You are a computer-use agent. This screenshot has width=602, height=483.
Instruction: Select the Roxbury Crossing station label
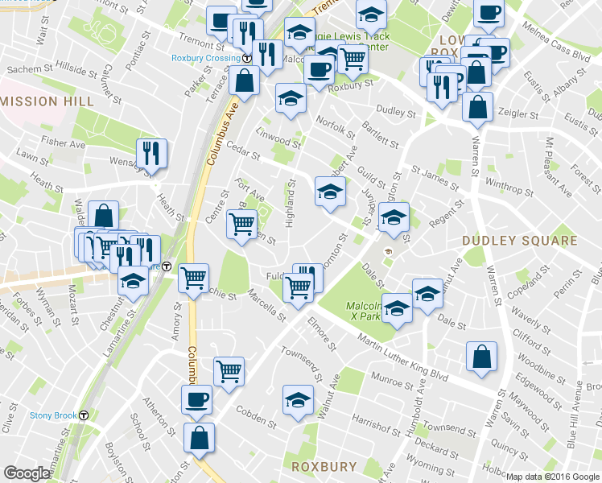pyautogui.click(x=206, y=57)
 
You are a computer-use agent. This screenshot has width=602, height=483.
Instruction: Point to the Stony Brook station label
pyautogui.click(x=54, y=415)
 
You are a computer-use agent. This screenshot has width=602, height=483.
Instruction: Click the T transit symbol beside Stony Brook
pyautogui.click(x=84, y=415)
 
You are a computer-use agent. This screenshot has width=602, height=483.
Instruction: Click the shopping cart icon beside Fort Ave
pyautogui.click(x=243, y=225)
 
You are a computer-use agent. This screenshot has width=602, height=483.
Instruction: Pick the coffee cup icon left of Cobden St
pyautogui.click(x=196, y=399)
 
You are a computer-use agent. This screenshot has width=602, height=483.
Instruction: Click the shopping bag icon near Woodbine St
pyautogui.click(x=481, y=357)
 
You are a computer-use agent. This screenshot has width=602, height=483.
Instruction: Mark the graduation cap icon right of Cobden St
pyautogui.click(x=298, y=399)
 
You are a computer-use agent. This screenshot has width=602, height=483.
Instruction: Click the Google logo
pyautogui.click(x=27, y=473)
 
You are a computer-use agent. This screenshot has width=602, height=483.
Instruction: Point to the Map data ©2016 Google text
pyautogui.click(x=553, y=477)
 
